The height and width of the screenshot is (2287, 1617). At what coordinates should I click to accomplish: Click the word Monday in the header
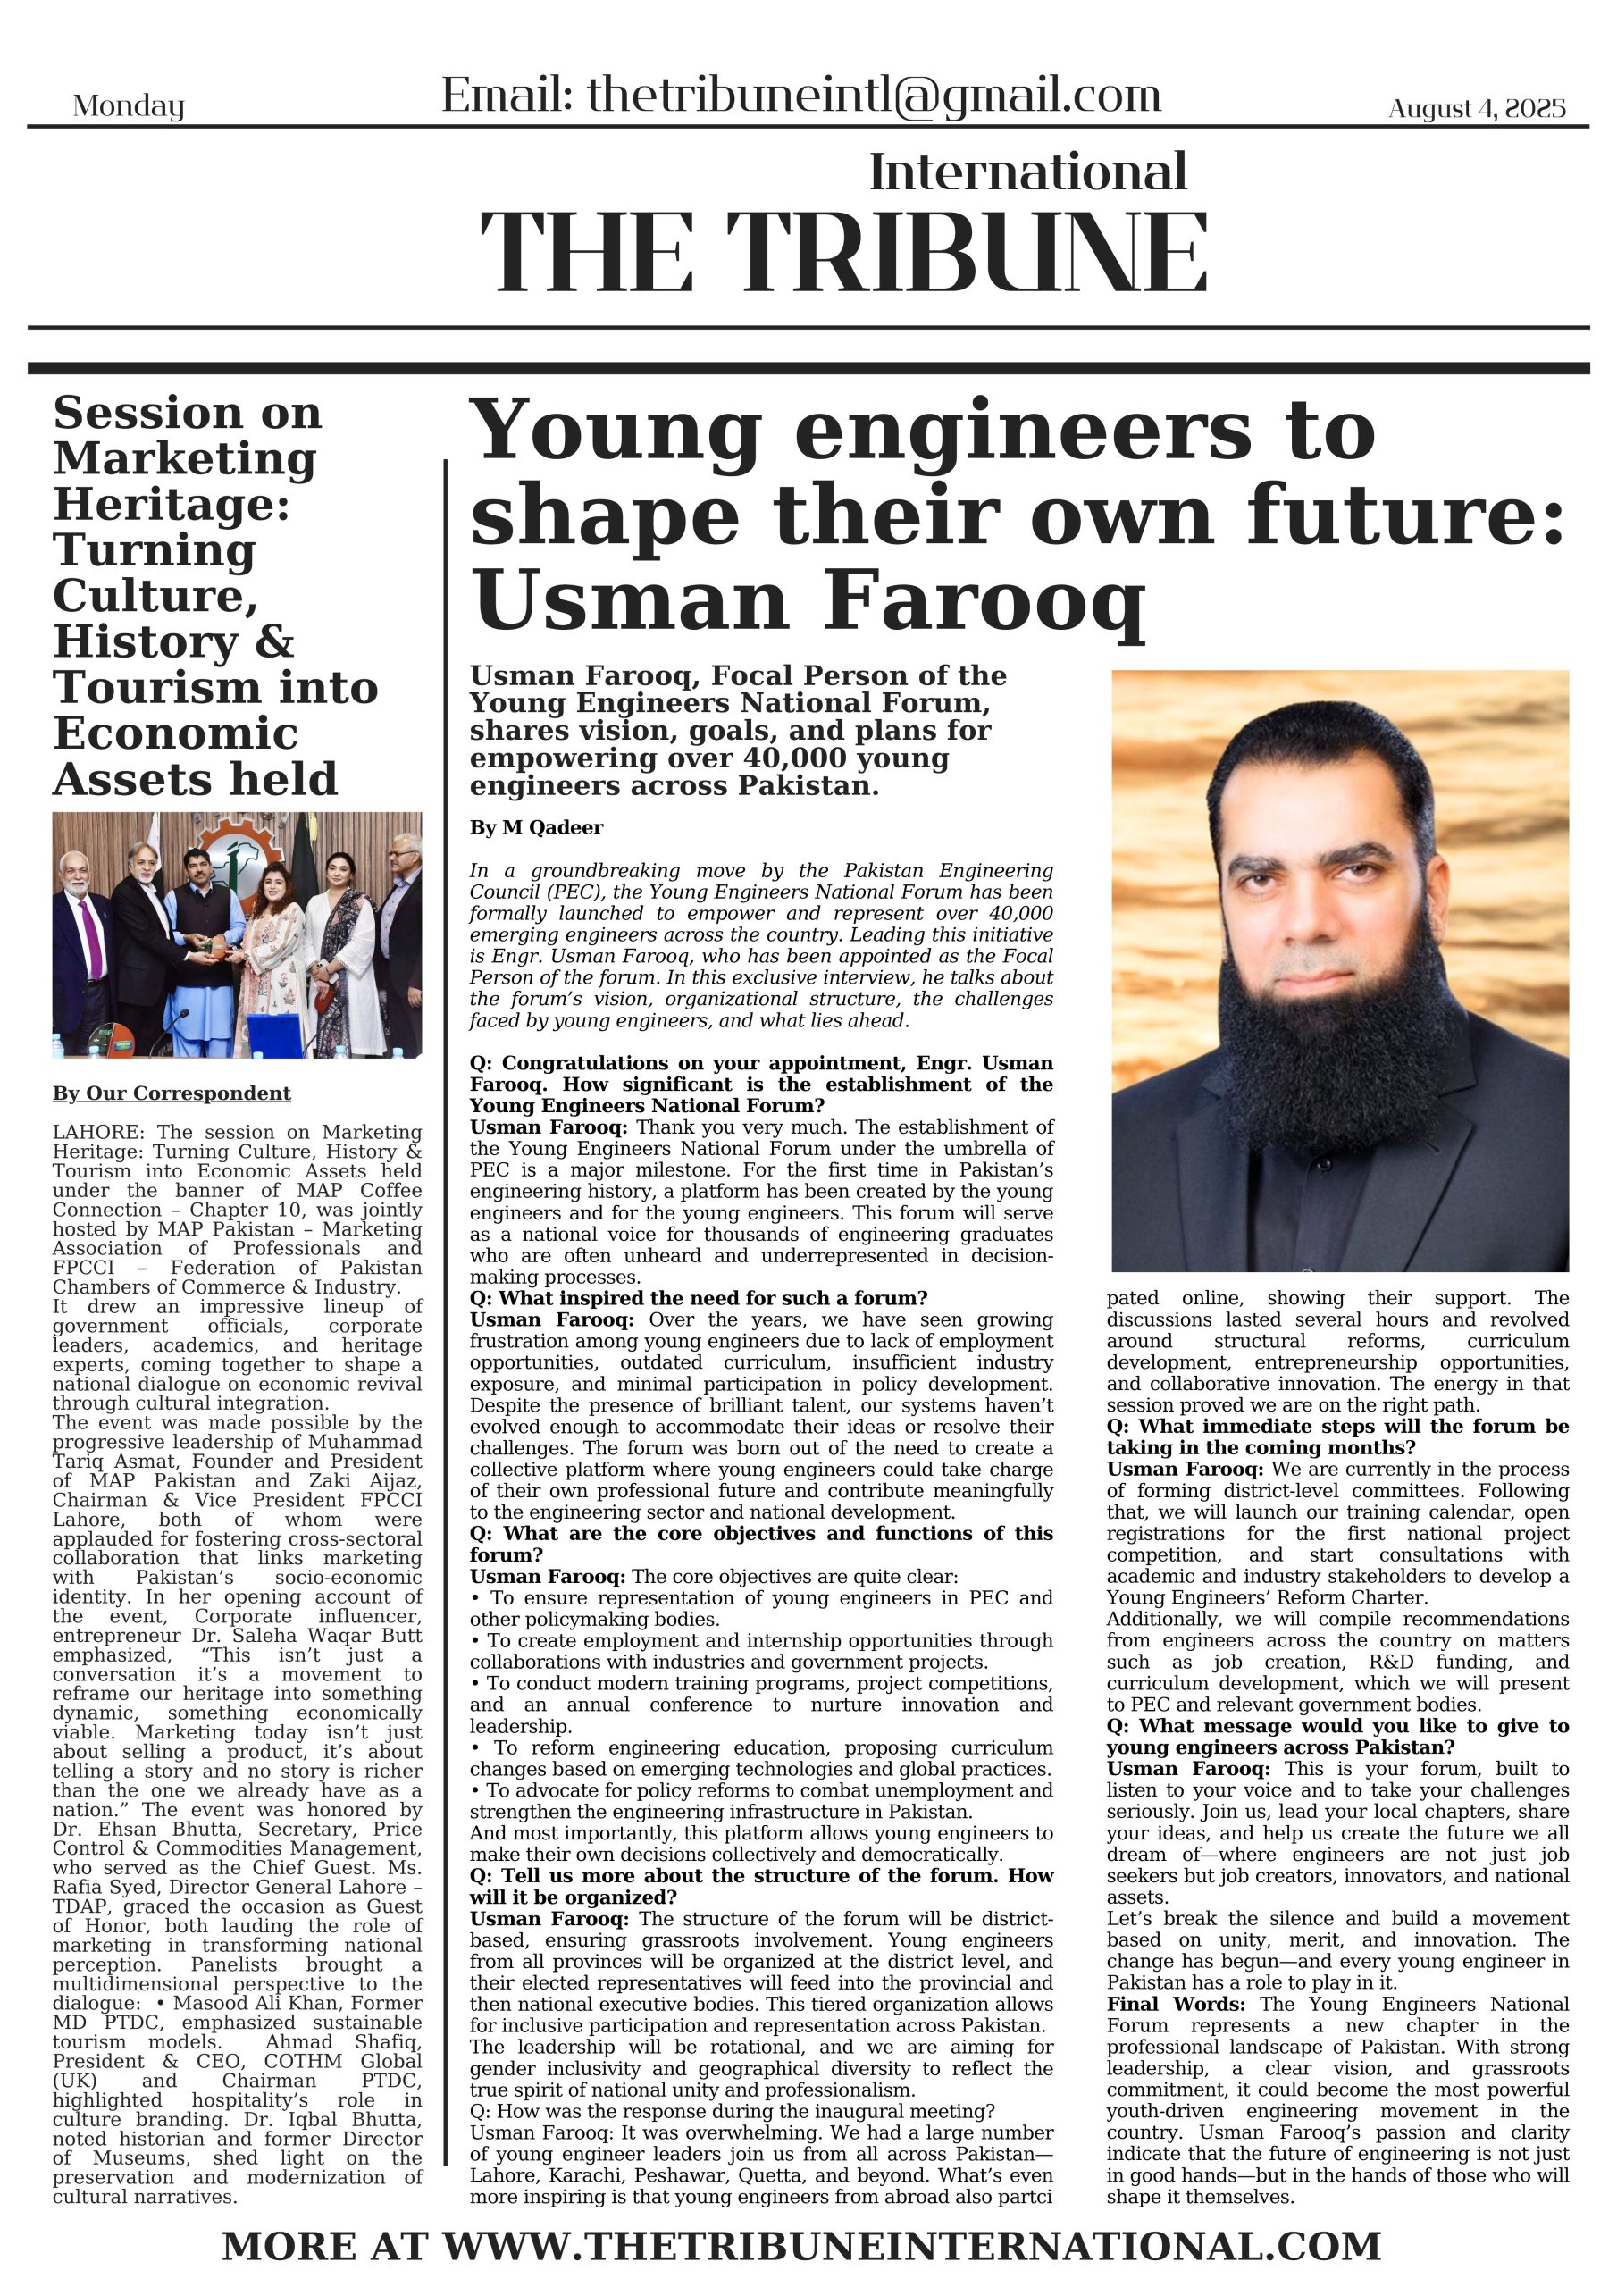coord(129,105)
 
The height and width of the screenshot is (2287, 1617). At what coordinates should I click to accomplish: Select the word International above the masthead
coord(1028,172)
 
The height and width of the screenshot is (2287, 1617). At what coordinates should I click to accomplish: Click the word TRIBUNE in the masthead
coord(967,254)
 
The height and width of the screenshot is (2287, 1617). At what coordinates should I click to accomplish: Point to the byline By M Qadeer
coord(536,828)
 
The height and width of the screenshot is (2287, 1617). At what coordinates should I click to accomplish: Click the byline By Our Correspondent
coord(172,1093)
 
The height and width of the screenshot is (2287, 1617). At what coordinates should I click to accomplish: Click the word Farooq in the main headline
coord(984,600)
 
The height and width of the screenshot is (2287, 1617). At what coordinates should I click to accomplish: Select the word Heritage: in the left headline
coord(172,504)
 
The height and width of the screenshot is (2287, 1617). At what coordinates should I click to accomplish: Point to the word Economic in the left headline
coord(175,734)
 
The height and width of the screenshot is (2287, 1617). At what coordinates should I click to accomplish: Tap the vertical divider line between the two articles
coord(446,1294)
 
